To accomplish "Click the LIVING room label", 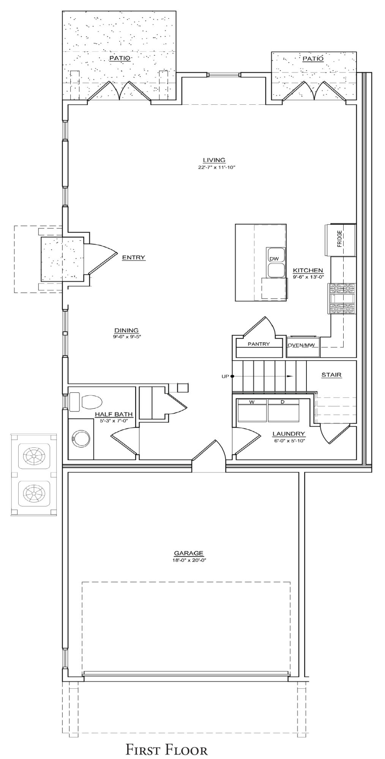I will click(x=214, y=160).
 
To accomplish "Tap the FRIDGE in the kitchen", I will click(x=340, y=239).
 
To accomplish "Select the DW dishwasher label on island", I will click(x=274, y=259).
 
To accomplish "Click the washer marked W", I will click(x=251, y=410).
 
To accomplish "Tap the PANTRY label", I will click(x=259, y=344).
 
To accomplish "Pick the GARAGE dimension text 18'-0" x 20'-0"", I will click(x=189, y=560).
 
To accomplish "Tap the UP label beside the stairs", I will click(x=225, y=376).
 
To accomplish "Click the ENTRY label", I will click(x=133, y=257).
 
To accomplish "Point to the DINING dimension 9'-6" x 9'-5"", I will click(x=127, y=336).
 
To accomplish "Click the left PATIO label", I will click(x=120, y=58).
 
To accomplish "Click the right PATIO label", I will click(x=313, y=58).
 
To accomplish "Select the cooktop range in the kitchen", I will click(x=343, y=299).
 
